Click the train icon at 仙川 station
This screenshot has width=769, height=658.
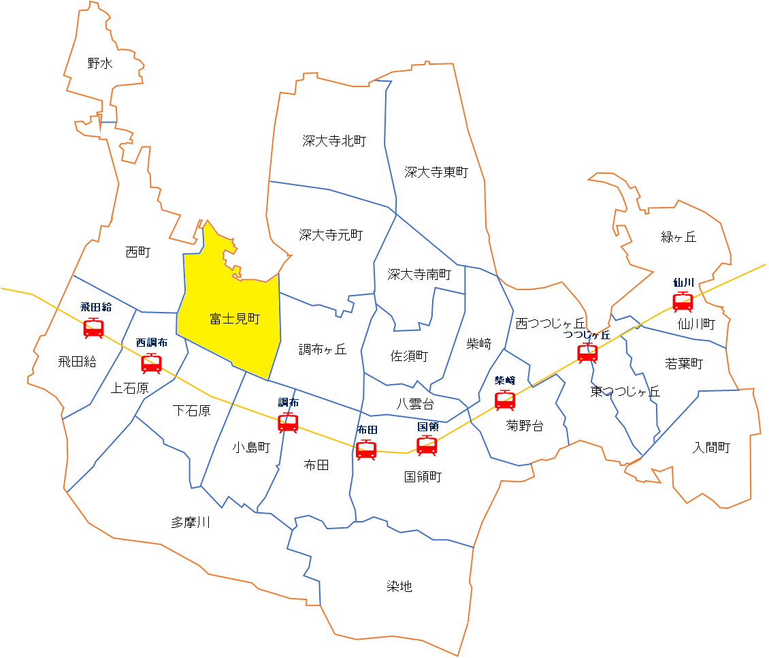click(x=683, y=301)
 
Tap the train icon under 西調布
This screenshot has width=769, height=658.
click(x=151, y=363)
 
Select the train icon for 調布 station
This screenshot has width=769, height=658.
click(x=288, y=422)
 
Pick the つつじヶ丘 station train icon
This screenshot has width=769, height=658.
click(x=587, y=353)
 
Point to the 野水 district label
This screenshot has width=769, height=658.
click(x=100, y=64)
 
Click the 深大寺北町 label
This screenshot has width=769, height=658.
click(x=334, y=141)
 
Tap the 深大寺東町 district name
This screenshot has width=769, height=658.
click(x=436, y=172)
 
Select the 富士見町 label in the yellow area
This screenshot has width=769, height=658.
click(x=235, y=318)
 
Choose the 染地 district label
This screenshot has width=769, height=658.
click(x=399, y=586)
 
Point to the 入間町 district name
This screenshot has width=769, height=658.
click(x=711, y=448)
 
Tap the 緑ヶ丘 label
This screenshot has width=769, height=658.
click(x=678, y=237)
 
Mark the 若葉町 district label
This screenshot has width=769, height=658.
click(x=684, y=364)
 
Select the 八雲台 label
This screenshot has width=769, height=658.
click(x=415, y=403)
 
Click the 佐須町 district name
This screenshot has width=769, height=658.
click(x=409, y=356)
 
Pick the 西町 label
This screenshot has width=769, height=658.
click(x=138, y=252)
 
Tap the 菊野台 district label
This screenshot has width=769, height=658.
click(x=525, y=426)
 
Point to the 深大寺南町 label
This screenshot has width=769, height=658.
click(x=419, y=275)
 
